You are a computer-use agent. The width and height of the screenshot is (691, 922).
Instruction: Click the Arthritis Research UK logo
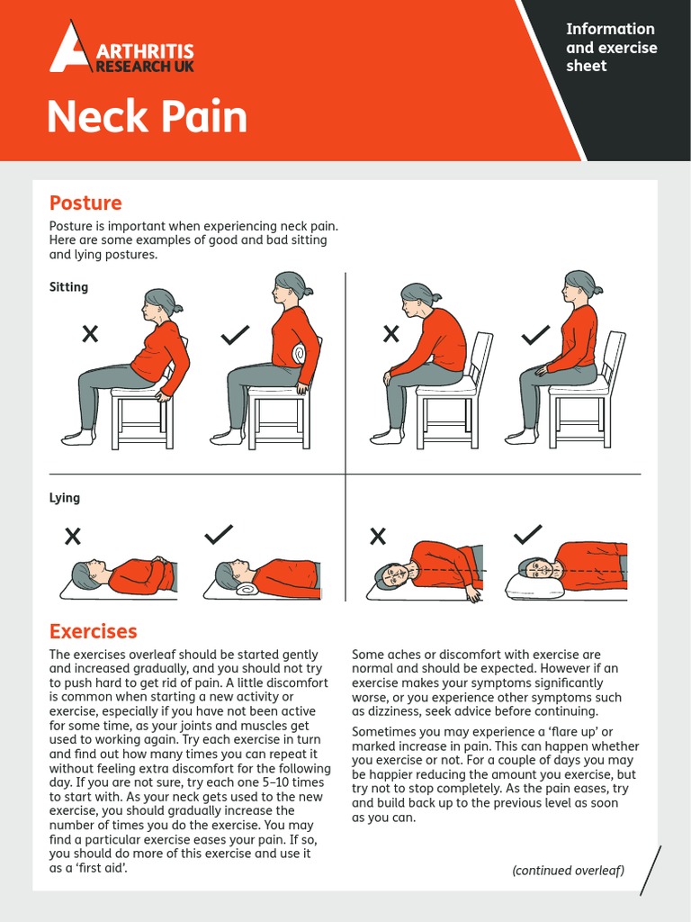(121, 50)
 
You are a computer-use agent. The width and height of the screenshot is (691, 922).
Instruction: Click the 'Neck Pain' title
(147, 117)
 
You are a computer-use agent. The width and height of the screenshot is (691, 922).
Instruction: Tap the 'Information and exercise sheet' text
(611, 48)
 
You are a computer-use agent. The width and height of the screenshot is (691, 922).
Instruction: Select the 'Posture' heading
(85, 203)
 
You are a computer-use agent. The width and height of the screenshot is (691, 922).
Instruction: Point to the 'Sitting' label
(69, 287)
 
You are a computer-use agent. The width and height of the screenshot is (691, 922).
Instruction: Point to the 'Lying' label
(65, 498)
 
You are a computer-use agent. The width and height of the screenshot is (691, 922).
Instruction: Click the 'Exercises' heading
(94, 631)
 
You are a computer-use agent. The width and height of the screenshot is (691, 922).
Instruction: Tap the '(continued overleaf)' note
(568, 870)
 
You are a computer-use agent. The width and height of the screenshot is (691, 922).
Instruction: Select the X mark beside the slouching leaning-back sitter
(90, 334)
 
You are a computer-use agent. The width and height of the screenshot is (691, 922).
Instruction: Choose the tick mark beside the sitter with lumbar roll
(235, 335)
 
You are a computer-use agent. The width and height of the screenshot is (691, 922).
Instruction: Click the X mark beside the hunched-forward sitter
(391, 334)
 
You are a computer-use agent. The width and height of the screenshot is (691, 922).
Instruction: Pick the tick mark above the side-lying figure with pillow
(527, 535)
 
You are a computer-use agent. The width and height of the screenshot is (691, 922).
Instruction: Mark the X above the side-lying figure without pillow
(378, 537)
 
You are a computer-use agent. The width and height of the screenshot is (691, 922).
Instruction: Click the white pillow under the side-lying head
(534, 586)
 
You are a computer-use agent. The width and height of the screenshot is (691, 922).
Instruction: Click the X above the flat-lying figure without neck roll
(73, 537)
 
